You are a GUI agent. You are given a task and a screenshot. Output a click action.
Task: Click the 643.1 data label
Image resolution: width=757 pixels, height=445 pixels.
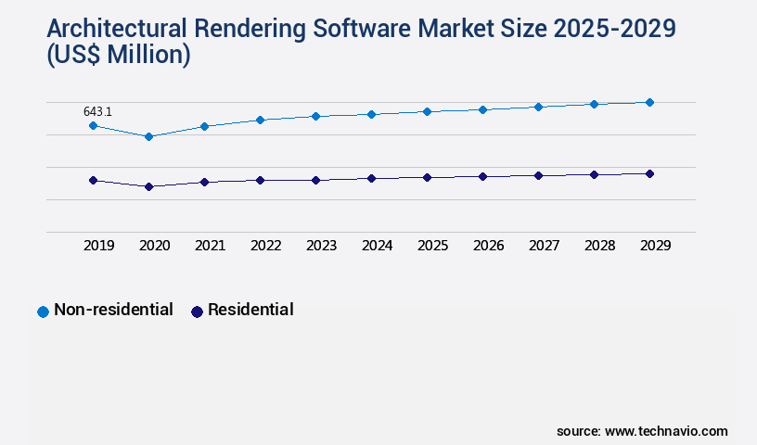(97, 112)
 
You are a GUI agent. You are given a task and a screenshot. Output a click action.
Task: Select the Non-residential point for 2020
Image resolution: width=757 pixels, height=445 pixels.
(148, 136)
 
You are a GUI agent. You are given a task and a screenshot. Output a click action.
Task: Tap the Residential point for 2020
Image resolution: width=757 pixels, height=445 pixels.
(148, 186)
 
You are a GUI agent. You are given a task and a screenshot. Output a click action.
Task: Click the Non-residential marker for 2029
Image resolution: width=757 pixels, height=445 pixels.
(649, 102)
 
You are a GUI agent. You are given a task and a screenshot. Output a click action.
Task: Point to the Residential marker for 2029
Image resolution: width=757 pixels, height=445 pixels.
(649, 173)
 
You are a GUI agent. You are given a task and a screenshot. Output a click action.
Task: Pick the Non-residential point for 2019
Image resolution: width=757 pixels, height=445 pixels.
(93, 125)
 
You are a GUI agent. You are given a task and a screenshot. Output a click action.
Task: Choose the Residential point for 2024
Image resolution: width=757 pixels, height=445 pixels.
(371, 178)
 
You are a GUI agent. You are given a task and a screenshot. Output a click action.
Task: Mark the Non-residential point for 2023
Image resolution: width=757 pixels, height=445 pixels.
(315, 116)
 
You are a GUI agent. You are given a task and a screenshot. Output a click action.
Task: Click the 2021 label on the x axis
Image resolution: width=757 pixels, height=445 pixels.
(210, 246)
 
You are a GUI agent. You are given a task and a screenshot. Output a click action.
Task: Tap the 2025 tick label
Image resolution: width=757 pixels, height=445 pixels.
(432, 246)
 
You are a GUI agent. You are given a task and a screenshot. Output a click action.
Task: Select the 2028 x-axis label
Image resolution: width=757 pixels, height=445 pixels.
(599, 246)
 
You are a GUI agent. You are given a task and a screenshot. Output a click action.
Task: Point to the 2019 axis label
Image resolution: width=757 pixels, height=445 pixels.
(98, 246)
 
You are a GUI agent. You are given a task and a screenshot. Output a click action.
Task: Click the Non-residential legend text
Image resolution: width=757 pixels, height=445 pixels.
(113, 310)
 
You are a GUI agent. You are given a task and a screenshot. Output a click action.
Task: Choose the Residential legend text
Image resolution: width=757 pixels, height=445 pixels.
(250, 310)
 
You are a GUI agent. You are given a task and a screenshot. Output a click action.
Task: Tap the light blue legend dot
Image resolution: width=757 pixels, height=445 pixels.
(43, 311)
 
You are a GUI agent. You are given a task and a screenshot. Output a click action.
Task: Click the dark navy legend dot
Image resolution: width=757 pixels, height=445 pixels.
(197, 311)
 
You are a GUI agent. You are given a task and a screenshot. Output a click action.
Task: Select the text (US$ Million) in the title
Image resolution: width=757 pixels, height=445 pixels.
(118, 56)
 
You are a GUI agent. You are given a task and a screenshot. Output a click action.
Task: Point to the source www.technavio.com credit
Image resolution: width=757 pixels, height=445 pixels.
(642, 431)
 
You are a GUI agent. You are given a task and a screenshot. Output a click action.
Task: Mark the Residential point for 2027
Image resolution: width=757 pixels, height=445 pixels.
(538, 175)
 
